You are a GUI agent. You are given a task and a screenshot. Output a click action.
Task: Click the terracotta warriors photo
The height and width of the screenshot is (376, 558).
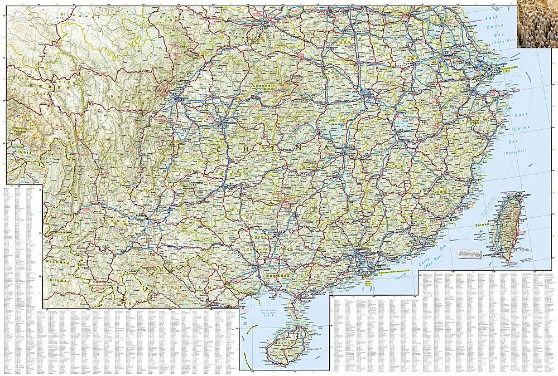(x=536, y=23)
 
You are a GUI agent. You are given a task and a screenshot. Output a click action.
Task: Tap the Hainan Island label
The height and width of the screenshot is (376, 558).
(x=306, y=349)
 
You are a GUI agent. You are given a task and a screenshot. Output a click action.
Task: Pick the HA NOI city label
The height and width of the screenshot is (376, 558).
(x=214, y=304)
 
